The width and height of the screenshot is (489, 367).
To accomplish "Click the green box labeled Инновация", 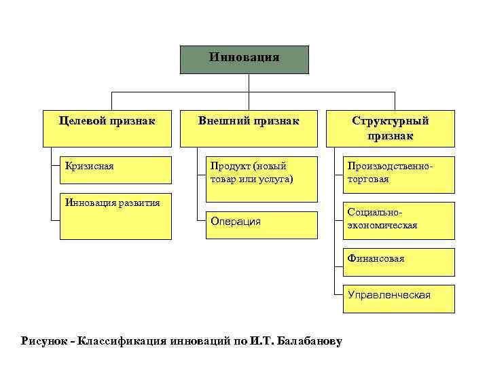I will click(244, 59).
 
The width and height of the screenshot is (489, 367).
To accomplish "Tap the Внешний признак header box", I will click(248, 128).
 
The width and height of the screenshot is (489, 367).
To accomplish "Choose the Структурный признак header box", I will click(390, 128).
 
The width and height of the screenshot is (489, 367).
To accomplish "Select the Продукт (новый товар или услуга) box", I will click(261, 179).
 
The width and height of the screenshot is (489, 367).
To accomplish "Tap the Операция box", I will click(261, 225).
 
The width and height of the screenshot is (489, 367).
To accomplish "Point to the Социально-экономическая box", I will click(398, 220).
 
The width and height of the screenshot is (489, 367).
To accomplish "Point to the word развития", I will click(137, 202).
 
